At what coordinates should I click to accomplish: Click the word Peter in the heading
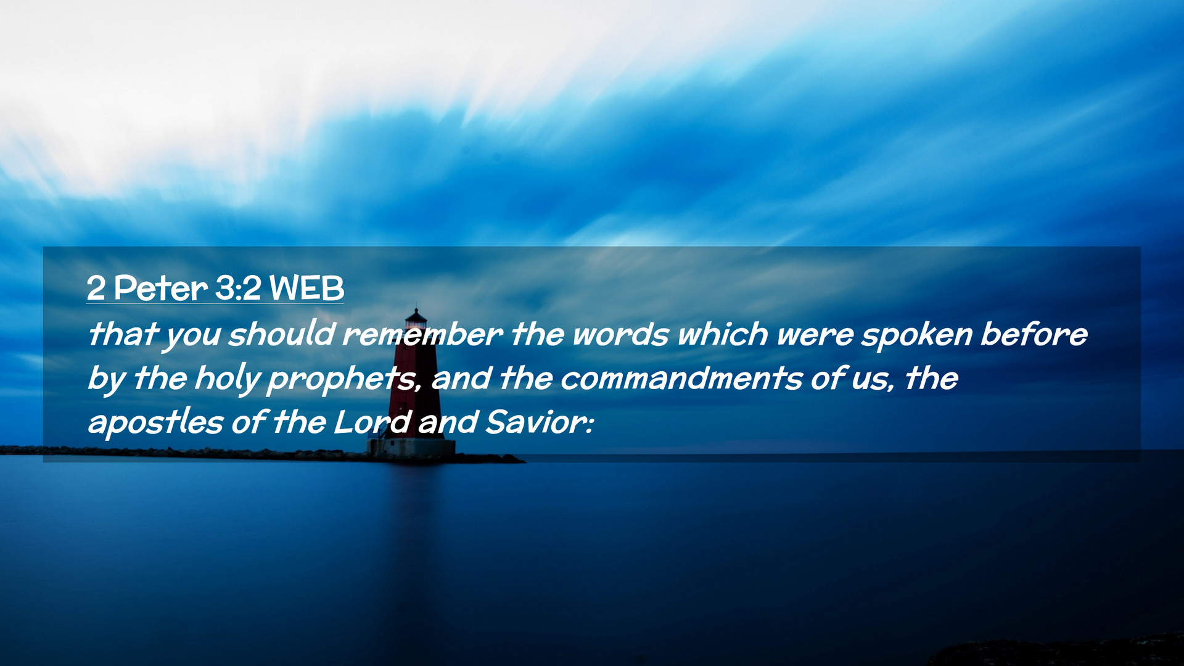(160, 288)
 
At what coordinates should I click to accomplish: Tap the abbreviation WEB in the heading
(306, 288)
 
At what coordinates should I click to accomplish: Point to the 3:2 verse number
(239, 288)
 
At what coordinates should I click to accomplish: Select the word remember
(422, 334)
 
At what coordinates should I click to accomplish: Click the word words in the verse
(620, 334)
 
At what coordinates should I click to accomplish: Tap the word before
(1034, 334)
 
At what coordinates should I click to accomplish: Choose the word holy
(227, 379)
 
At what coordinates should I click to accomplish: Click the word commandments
(681, 379)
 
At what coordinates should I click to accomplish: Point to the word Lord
(372, 423)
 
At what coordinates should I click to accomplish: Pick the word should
(282, 334)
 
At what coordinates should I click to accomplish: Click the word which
(723, 334)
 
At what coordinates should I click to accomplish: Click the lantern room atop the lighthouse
(416, 319)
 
